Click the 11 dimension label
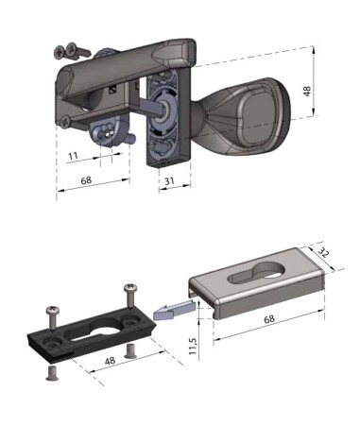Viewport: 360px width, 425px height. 73,156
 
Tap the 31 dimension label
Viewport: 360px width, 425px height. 169,181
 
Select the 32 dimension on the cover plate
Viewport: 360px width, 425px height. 322,253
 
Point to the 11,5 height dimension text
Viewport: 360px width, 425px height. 193,346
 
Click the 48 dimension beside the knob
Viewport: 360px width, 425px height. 307,91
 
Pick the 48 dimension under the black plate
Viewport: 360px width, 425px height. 110,361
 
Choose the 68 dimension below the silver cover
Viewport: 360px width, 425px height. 269,319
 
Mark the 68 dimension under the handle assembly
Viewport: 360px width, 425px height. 86,180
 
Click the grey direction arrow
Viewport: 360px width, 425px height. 173,310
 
